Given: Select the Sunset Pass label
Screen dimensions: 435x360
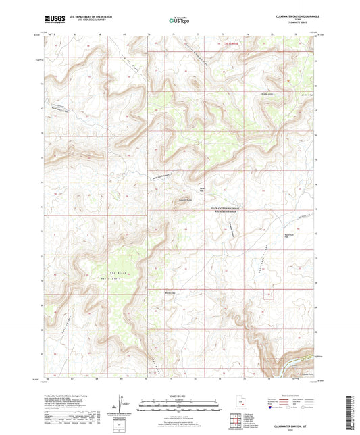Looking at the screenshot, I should pyautogui.click(x=202, y=188).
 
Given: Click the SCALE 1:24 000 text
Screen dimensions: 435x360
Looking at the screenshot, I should pyautogui.click(x=178, y=396).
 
